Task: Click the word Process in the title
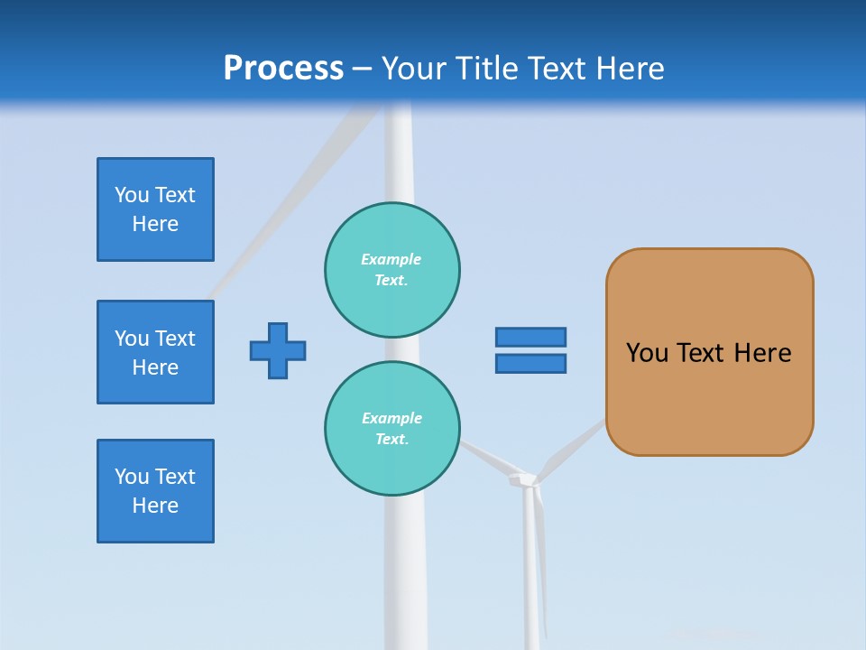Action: tap(283, 68)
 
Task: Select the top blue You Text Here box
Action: tap(155, 209)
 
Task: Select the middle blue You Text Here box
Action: tap(155, 352)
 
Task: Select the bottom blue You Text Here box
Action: tap(155, 491)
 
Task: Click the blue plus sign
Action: tap(278, 350)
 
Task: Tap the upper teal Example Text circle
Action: tap(392, 269)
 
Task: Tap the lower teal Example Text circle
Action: tap(392, 428)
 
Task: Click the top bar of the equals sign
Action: tap(530, 337)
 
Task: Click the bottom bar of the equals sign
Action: tap(530, 363)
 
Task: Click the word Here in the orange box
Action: tap(762, 353)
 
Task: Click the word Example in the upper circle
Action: tap(392, 259)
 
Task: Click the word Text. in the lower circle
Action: tap(392, 439)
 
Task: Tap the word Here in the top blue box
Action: tap(155, 224)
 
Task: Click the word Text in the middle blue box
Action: tap(175, 339)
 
